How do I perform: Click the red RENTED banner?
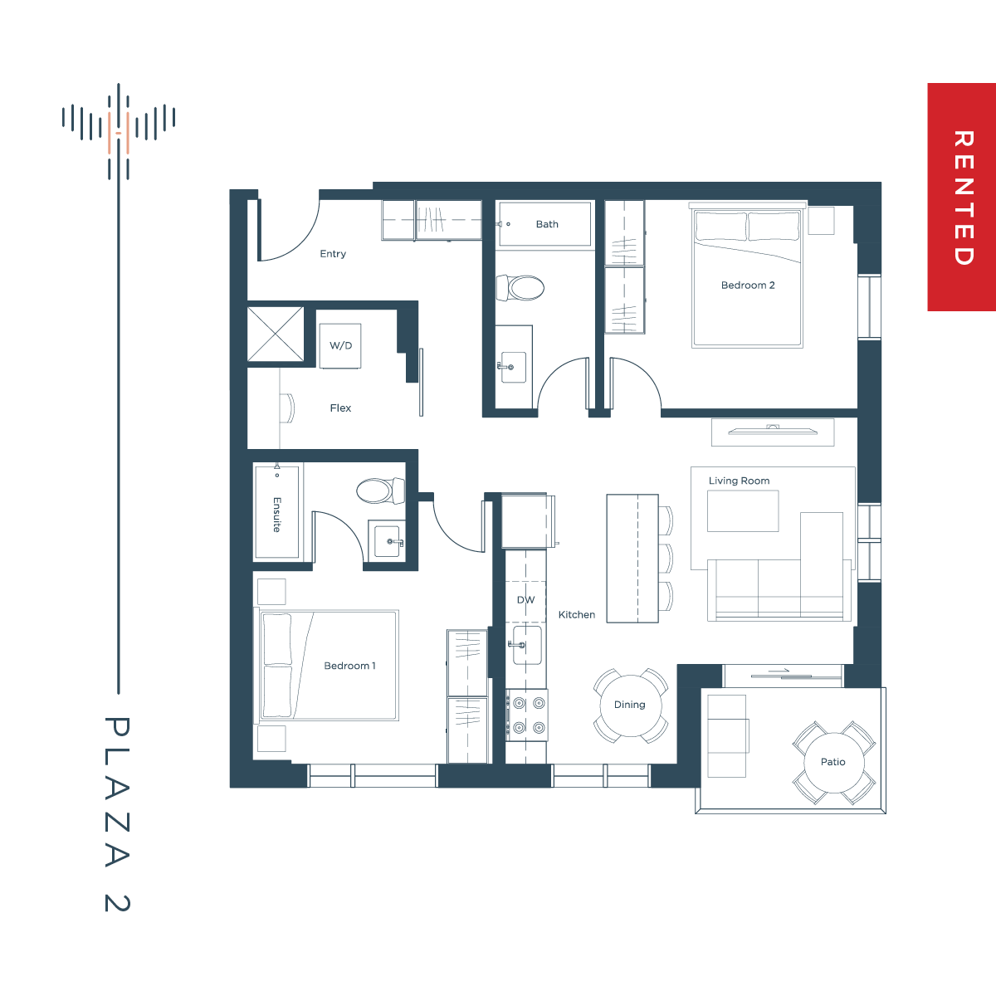(961, 197)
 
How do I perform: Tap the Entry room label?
(333, 254)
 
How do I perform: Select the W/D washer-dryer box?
(340, 346)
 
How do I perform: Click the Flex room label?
(340, 408)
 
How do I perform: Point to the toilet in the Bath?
(520, 288)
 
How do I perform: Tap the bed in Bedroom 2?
(747, 277)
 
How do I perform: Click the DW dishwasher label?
(525, 599)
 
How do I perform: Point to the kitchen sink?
(527, 645)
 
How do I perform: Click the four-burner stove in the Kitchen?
(527, 715)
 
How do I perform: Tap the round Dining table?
(631, 706)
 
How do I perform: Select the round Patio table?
(834, 763)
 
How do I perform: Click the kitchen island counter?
(632, 559)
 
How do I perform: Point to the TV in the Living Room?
(773, 430)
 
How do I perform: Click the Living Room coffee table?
(743, 510)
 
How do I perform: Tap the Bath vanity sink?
(513, 368)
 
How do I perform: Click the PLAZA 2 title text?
(117, 814)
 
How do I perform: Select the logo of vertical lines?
(119, 131)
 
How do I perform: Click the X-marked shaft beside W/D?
(276, 334)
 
